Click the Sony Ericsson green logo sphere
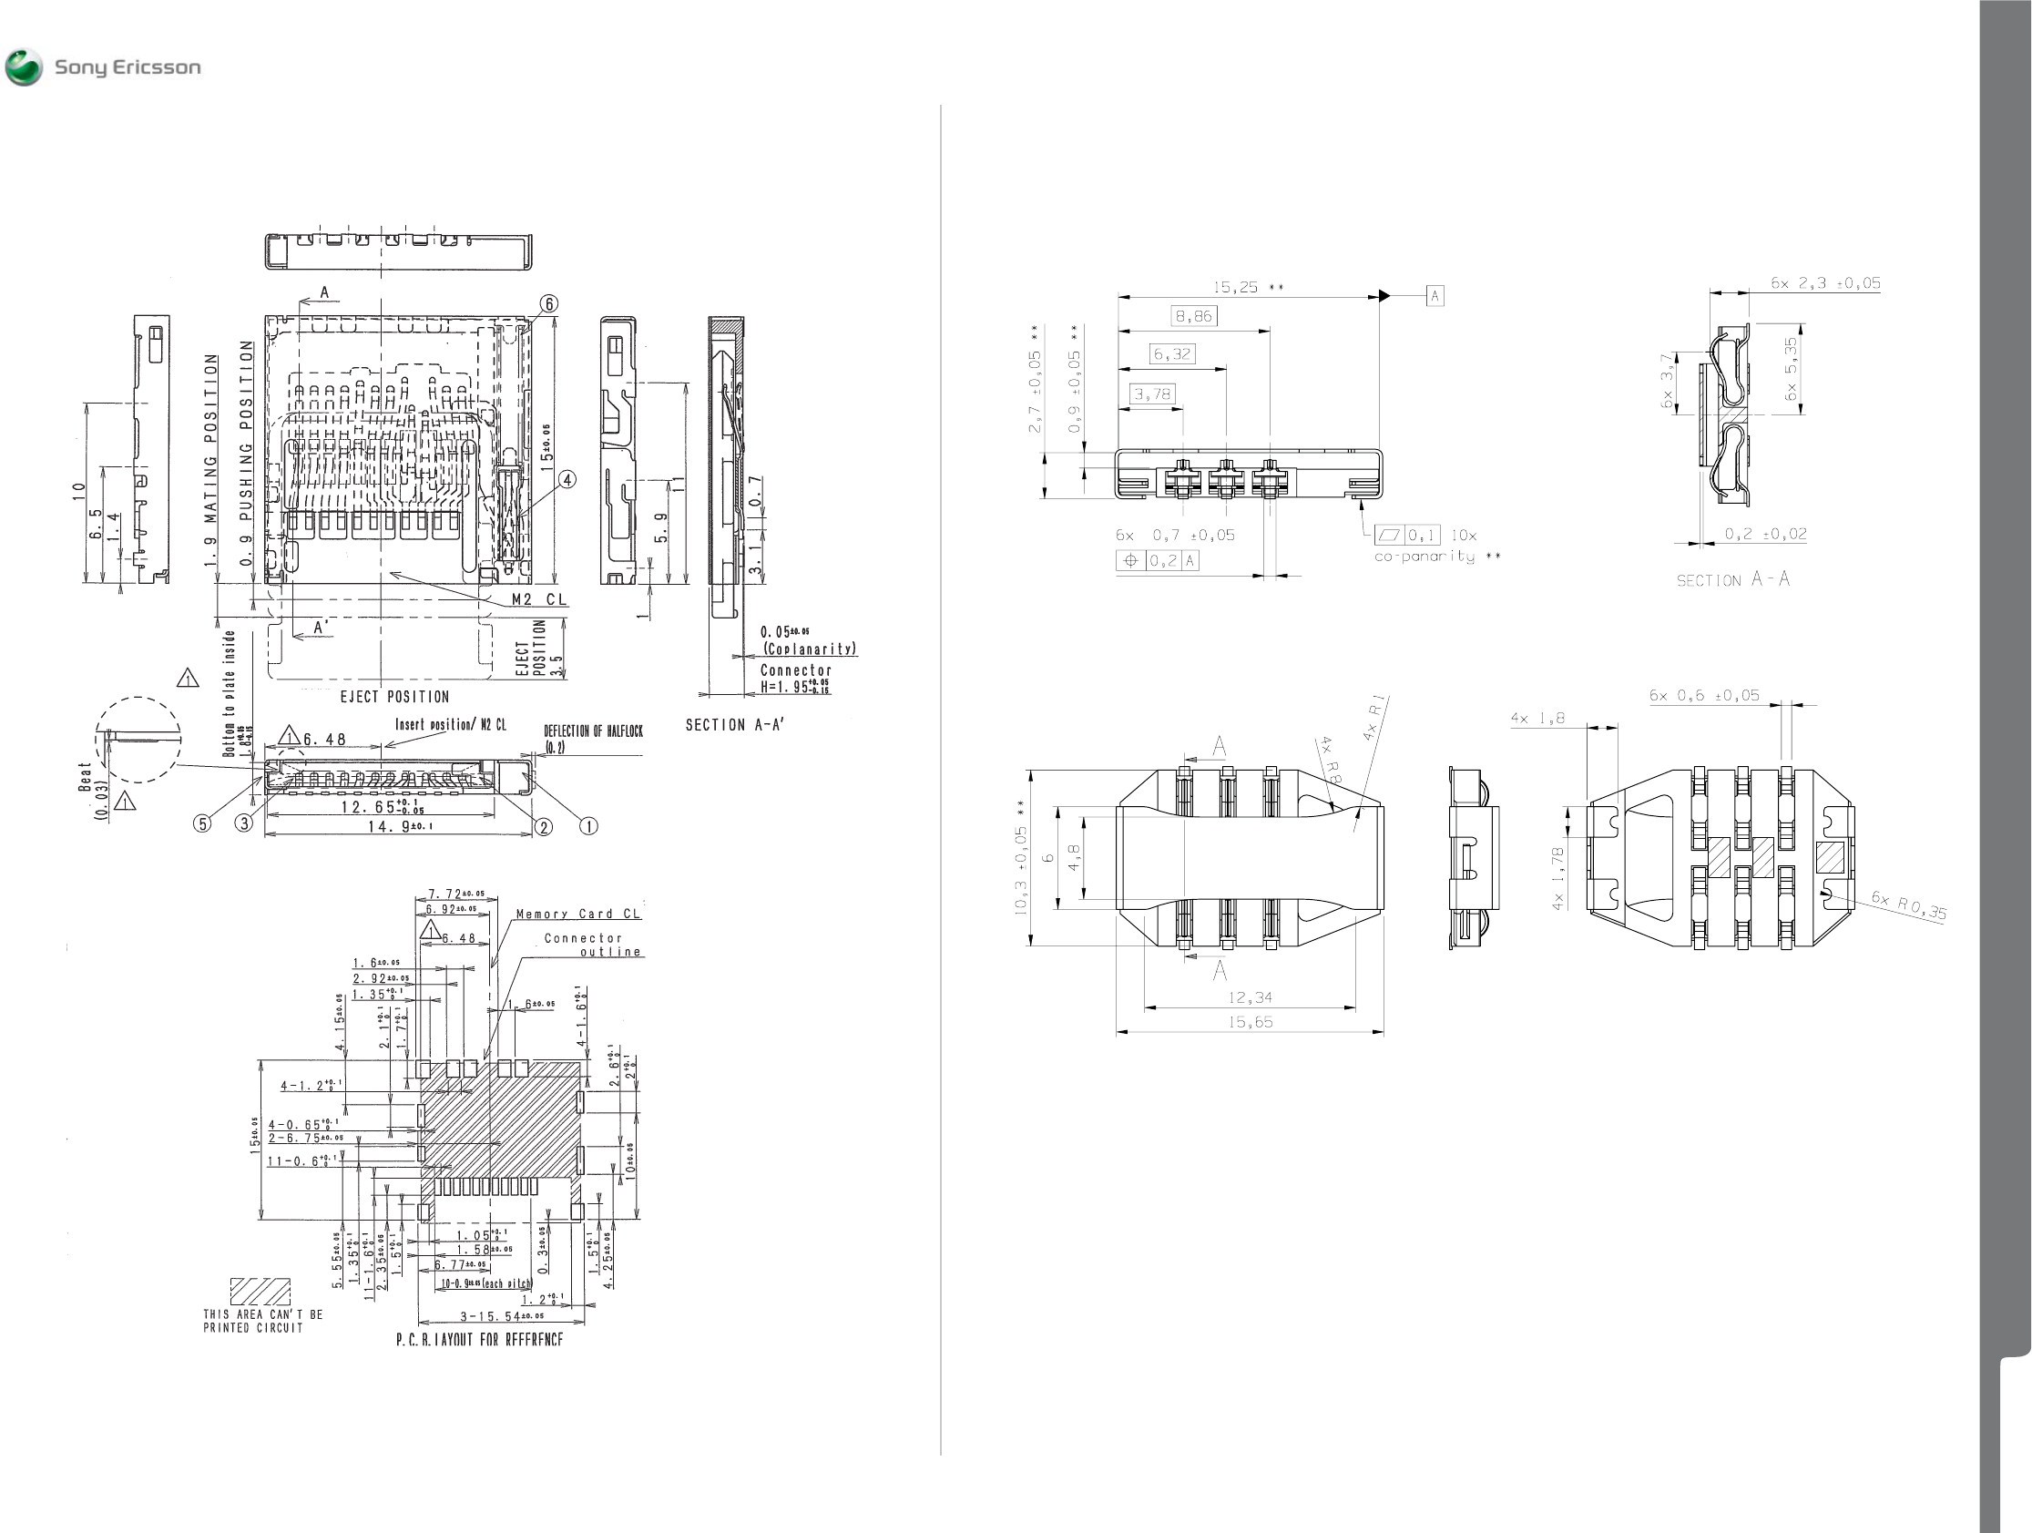coord(24,68)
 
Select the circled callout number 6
coord(548,304)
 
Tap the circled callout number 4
coord(567,479)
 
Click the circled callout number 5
coord(202,824)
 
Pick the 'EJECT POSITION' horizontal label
coord(395,697)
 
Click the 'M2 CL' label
coord(539,599)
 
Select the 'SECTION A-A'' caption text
coord(735,725)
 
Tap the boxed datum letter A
coord(1435,296)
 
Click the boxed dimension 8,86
coord(1194,317)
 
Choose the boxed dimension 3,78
coord(1152,395)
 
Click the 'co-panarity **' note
coord(1436,557)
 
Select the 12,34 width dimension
coord(1250,996)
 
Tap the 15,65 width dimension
coord(1250,1021)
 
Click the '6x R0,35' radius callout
coord(1909,905)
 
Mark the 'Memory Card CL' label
coord(577,914)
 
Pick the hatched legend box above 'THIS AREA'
coord(260,1292)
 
